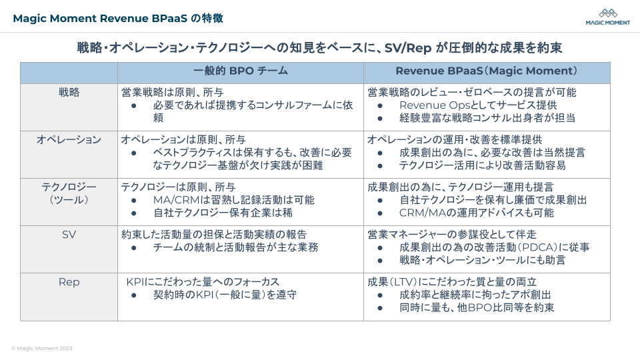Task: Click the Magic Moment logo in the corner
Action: (607, 17)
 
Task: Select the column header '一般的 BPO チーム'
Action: (241, 71)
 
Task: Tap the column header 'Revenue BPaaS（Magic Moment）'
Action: (487, 71)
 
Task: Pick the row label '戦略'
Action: (69, 93)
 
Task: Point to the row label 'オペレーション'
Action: (69, 139)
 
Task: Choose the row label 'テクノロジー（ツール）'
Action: (69, 193)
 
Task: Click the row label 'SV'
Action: (69, 235)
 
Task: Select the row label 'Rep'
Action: (69, 282)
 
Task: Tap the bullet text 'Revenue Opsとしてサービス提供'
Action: (477, 105)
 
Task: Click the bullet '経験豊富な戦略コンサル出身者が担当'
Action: (487, 118)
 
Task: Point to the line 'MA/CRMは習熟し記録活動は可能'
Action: (233, 200)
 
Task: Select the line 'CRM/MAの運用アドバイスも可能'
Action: (476, 213)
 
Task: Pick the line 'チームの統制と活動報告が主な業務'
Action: (235, 247)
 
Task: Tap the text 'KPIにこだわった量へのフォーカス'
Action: (203, 282)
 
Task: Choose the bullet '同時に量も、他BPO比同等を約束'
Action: (477, 307)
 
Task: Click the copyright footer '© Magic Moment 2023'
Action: (42, 348)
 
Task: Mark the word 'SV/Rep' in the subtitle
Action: (407, 48)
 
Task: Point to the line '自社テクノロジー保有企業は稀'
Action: (223, 213)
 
